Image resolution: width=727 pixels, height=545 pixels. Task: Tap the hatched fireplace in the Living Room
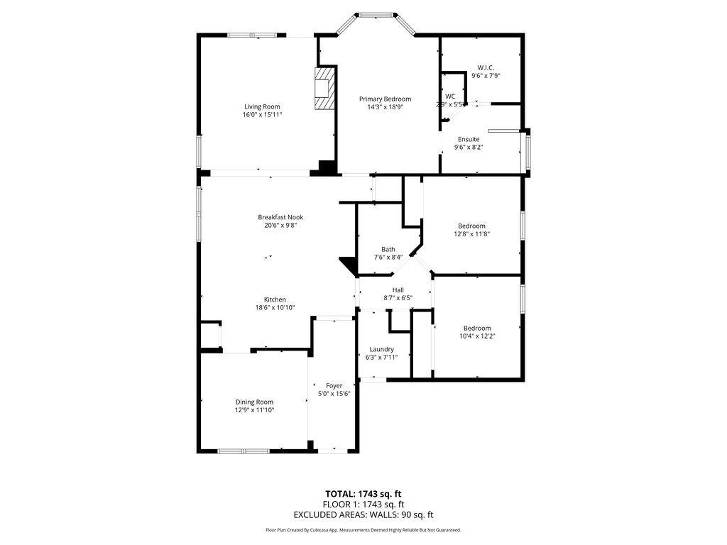[x=323, y=88]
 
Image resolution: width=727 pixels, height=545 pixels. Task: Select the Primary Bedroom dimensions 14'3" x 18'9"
[x=385, y=107]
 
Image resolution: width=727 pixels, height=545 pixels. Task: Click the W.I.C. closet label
[x=486, y=67]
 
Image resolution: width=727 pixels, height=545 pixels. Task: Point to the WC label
[x=450, y=97]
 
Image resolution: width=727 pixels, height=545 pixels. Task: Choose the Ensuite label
[x=468, y=139]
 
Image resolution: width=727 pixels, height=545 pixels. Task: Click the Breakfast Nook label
[x=280, y=217]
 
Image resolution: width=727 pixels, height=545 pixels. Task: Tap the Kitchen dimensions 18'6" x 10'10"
[x=275, y=307]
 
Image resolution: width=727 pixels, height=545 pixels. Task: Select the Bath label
[x=388, y=249]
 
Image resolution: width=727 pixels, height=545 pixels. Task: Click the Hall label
[x=398, y=290]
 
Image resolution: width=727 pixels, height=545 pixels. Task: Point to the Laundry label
[x=381, y=349]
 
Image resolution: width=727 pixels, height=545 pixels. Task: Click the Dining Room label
[x=254, y=402]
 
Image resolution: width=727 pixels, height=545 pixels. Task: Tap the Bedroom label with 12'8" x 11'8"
[x=471, y=226]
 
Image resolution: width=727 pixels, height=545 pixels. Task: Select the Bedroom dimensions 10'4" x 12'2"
[x=477, y=336]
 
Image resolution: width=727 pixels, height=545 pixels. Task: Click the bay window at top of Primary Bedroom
[x=376, y=14]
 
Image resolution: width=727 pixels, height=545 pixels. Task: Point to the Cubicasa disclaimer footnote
[x=363, y=530]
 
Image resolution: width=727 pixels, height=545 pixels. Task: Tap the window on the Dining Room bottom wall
[x=243, y=451]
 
